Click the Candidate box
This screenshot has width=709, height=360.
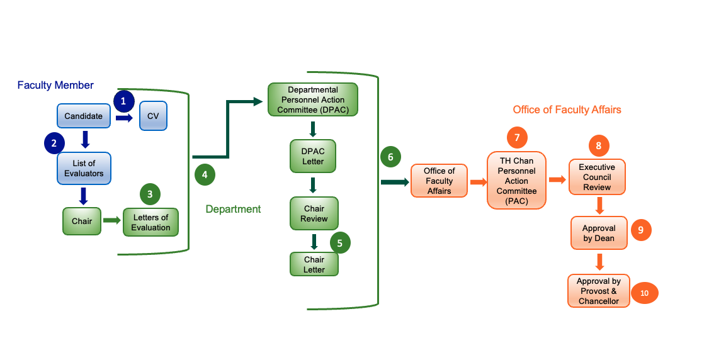coord(83,116)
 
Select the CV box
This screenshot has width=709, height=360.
coord(153,116)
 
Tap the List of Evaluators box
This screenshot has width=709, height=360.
coord(84,168)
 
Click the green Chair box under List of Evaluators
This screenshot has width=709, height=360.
coord(82,221)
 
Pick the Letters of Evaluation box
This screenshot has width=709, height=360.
coord(150,222)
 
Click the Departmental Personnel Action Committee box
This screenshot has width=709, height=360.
coord(313,100)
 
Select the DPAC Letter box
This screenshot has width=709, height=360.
coord(313,156)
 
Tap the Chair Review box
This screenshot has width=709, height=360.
coord(314,213)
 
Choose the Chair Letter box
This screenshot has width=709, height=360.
coord(314,264)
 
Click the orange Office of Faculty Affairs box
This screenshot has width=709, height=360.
coord(439,181)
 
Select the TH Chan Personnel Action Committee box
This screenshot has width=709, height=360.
coord(516,181)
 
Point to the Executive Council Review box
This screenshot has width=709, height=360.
coord(596,177)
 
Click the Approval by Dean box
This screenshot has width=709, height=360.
coord(599,233)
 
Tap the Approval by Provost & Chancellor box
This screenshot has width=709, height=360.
coord(598,291)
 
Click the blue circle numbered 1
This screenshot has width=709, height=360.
coord(123,101)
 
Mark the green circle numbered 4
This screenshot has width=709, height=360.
coord(204,174)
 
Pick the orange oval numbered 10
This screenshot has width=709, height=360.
coord(644,293)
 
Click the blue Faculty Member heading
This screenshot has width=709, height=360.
coord(55,85)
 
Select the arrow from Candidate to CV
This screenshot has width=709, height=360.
coord(123,117)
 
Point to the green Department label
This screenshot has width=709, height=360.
coord(233,209)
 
